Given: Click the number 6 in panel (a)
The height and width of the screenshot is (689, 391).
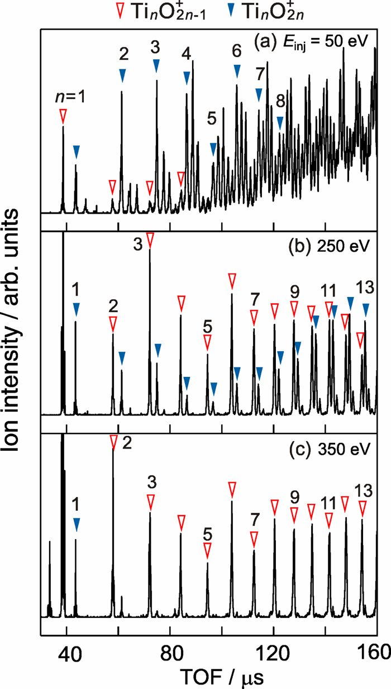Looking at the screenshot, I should [x=237, y=51].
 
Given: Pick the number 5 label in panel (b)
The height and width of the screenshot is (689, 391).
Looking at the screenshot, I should [x=207, y=324].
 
